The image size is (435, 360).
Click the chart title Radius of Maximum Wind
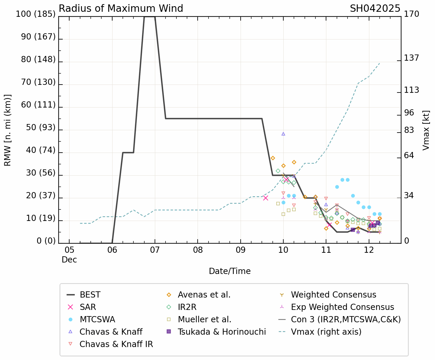point(121,9)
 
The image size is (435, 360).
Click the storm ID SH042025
point(375,9)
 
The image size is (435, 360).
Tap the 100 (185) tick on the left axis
point(36,14)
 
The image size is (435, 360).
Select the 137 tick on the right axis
point(411,58)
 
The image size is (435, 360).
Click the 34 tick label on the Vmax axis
point(409,196)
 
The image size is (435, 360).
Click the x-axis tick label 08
point(198,250)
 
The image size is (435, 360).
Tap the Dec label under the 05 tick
point(69,260)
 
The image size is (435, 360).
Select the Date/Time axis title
point(230,271)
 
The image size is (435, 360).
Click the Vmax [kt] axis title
point(426,130)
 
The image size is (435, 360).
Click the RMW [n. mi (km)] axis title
point(8,130)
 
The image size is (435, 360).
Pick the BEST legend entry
point(90,295)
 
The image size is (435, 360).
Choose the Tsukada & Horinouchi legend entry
point(221,332)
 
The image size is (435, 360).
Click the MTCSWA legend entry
point(97,320)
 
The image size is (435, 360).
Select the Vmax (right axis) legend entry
point(326,332)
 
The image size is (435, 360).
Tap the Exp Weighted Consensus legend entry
point(342,307)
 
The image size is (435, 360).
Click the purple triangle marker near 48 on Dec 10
point(283,134)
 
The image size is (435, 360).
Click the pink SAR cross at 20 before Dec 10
point(266,198)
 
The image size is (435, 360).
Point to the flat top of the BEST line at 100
point(149,17)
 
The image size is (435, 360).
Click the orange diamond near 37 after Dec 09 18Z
point(273,158)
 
